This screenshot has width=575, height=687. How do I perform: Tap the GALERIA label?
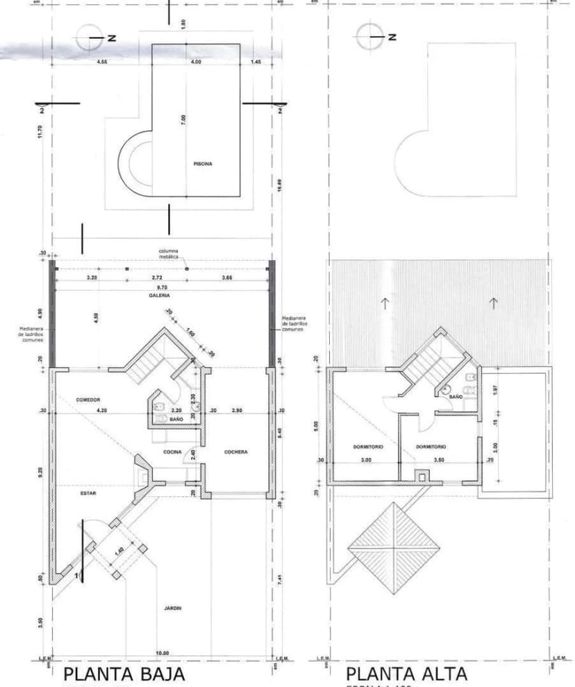(x=159, y=295)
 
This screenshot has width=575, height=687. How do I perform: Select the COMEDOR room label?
(x=88, y=400)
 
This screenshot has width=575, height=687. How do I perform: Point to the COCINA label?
(x=172, y=452)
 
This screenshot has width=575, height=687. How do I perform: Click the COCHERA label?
(x=236, y=452)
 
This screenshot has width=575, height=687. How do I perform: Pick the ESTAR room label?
(x=88, y=493)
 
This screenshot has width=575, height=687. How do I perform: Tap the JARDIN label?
(x=173, y=608)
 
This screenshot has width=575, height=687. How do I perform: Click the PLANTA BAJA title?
(x=124, y=674)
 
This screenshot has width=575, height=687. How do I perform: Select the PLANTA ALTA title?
(x=406, y=674)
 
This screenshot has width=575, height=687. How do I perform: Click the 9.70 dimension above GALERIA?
(x=161, y=287)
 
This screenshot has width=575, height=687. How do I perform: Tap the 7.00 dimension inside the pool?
(x=183, y=119)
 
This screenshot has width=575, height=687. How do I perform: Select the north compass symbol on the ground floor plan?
(x=89, y=37)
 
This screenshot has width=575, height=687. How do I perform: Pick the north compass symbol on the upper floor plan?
(x=368, y=37)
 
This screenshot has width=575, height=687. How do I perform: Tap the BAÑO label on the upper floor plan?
(x=456, y=396)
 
